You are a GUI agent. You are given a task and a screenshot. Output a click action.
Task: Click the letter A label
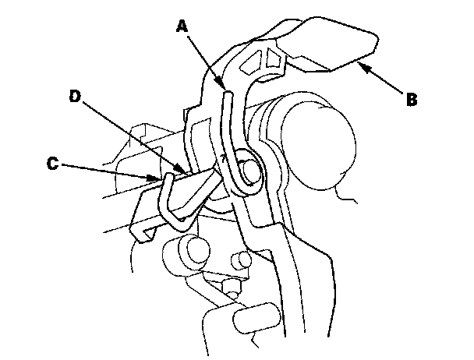coord(182,26)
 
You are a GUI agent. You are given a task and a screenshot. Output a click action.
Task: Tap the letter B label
coord(410,99)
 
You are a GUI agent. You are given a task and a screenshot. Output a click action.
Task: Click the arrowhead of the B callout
coord(361,66)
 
